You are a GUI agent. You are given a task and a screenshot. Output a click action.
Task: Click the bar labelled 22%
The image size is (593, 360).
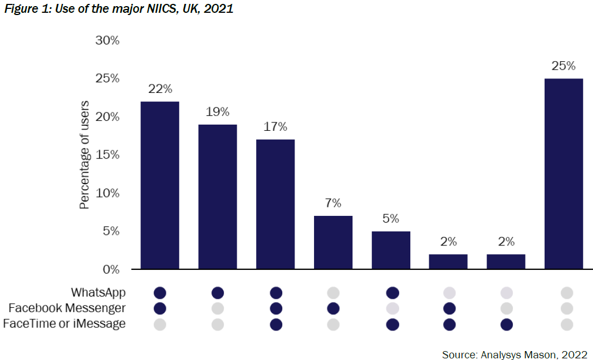pyautogui.click(x=160, y=185)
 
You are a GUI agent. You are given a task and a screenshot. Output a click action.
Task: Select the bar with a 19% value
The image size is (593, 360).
pyautogui.click(x=218, y=197)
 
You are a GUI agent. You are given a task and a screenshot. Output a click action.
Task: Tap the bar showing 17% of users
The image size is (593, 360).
pyautogui.click(x=276, y=204)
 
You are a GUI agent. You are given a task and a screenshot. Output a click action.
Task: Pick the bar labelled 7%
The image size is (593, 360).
pyautogui.click(x=333, y=242)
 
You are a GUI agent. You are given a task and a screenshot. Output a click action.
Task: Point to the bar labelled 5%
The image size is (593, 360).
pyautogui.click(x=391, y=250)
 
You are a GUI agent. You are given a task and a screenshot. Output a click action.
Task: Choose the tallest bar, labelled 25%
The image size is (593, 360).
pyautogui.click(x=564, y=174)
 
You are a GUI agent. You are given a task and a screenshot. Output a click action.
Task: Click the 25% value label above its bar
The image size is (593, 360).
pyautogui.click(x=563, y=66)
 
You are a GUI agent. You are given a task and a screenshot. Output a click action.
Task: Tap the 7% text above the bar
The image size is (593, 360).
pyautogui.click(x=333, y=203)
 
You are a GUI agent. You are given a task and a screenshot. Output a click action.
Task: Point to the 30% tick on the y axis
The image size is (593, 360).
pyautogui.click(x=107, y=41)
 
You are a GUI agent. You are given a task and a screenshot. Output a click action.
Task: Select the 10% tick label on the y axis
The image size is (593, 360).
pyautogui.click(x=107, y=193)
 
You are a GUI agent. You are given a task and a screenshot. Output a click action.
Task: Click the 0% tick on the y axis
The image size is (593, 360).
pyautogui.click(x=110, y=269)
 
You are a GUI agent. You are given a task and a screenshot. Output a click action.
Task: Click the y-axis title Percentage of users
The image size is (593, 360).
pyautogui.click(x=85, y=155)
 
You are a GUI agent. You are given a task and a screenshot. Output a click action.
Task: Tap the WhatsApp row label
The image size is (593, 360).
pyautogui.click(x=98, y=293)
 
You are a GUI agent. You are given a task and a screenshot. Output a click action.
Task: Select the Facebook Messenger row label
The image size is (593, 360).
pyautogui.click(x=67, y=308)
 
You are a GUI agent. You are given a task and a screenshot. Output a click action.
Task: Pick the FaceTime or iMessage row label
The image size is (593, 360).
pyautogui.click(x=65, y=324)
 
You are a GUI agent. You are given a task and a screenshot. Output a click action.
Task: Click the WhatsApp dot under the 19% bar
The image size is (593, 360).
pyautogui.click(x=218, y=293)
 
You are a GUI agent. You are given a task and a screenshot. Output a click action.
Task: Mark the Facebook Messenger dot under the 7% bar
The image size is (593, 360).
pyautogui.click(x=333, y=308)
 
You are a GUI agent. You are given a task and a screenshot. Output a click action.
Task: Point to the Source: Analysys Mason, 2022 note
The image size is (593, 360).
pyautogui.click(x=514, y=354)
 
